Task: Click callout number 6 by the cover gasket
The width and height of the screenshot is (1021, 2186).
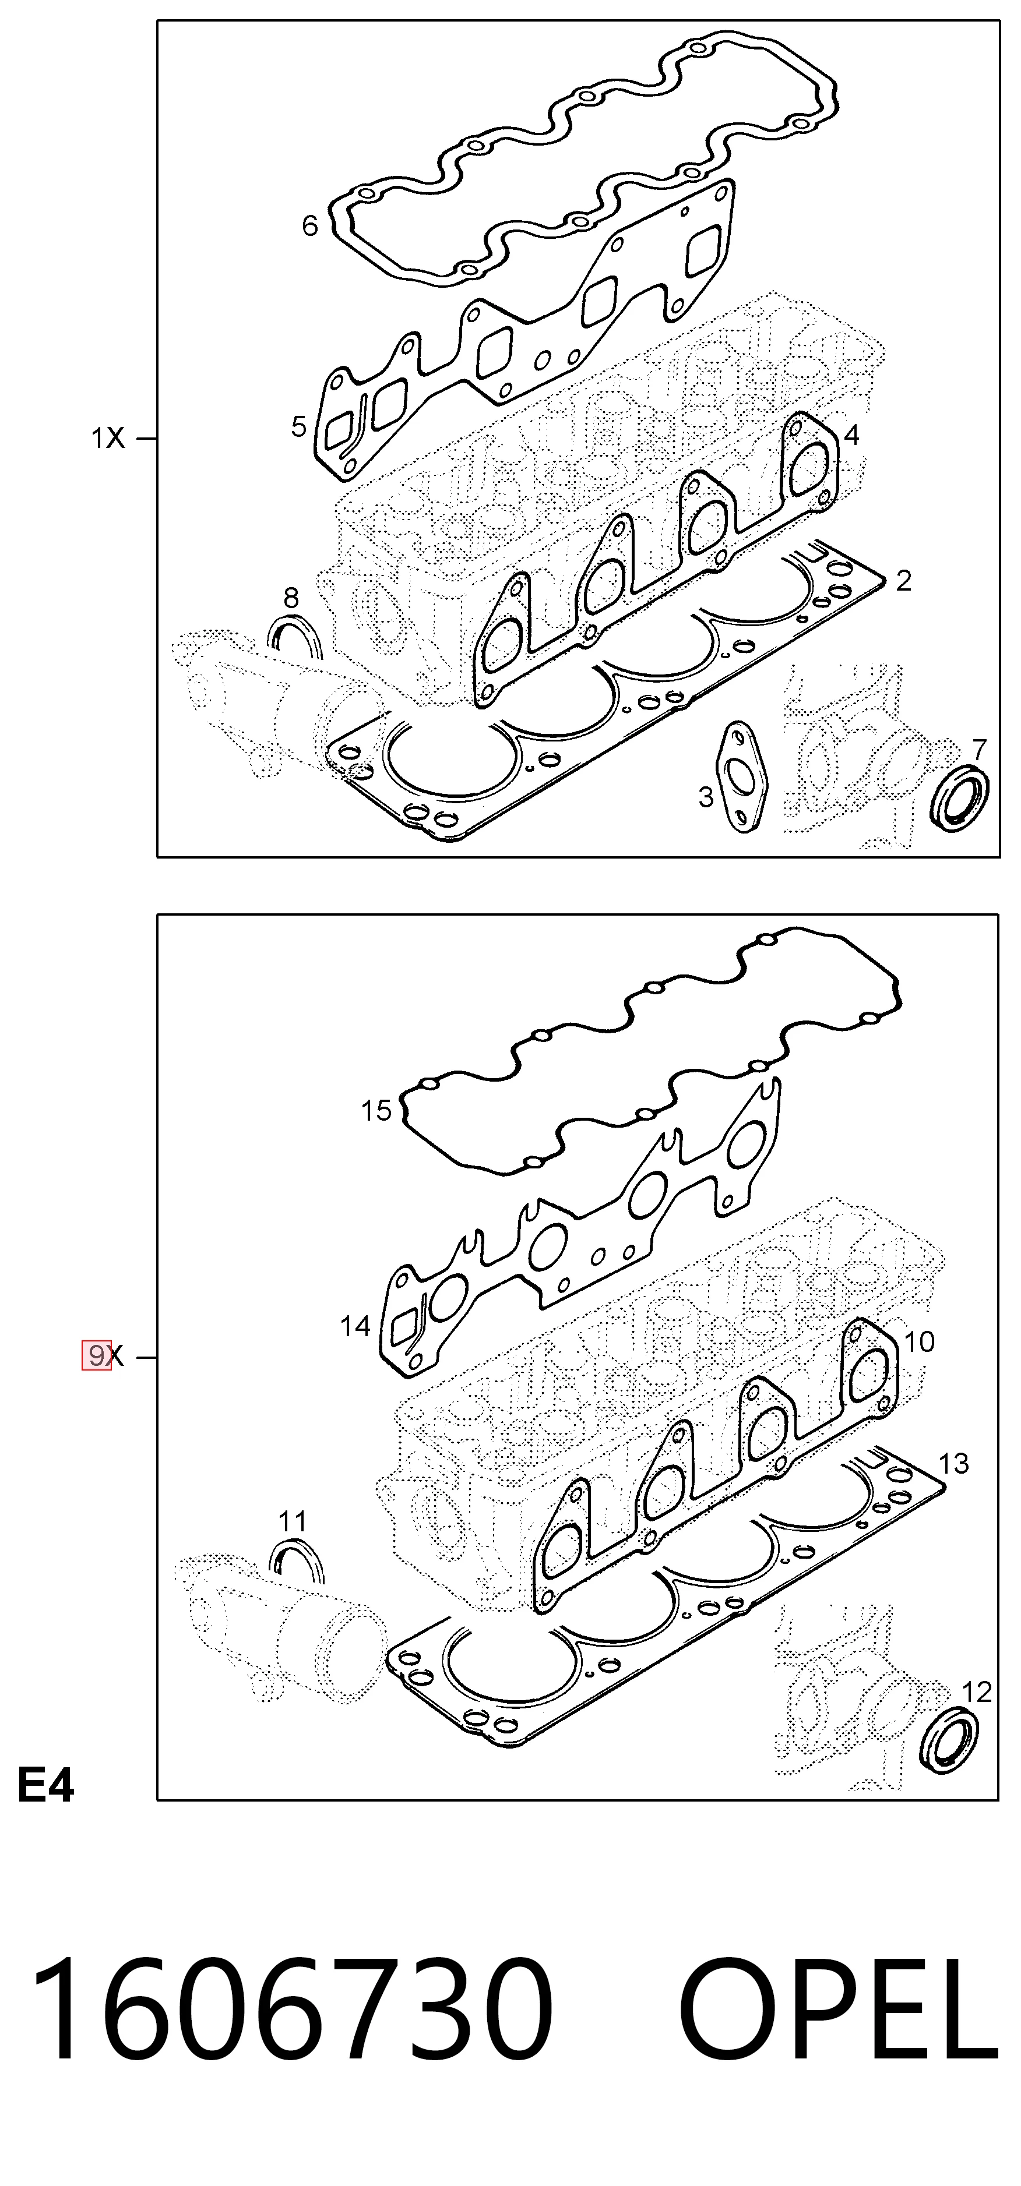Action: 310,226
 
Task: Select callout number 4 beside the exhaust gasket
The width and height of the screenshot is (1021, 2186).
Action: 851,435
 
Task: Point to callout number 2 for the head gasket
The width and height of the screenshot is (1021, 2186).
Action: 903,581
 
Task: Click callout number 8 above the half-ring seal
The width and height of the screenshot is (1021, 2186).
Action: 291,598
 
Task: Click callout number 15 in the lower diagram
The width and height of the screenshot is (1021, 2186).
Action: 376,1111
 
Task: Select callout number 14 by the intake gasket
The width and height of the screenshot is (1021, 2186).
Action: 355,1326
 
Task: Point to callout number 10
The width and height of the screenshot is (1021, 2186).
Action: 919,1341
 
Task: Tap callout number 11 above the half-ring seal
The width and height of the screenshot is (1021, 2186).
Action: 292,1521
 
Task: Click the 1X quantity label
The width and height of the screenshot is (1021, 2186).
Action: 108,439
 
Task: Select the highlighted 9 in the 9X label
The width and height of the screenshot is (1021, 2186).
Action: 97,1355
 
